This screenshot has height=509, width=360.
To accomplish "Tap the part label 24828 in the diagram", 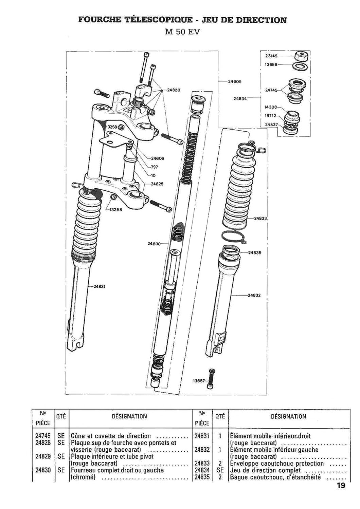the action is point(174,90).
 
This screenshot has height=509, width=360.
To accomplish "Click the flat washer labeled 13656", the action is point(301,66).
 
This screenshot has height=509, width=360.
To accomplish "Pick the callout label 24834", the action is point(240,98).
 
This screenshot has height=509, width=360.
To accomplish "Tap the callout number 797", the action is point(155,167).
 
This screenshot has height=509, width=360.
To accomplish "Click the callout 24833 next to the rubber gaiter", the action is point(260,218).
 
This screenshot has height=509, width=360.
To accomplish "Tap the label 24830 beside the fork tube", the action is point(154,244).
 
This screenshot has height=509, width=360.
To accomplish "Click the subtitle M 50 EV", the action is point(182,32).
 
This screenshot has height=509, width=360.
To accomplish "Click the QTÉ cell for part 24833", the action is point(220,463).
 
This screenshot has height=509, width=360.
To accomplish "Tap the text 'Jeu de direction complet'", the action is point(265,470).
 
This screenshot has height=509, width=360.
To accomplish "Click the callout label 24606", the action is point(157,158).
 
